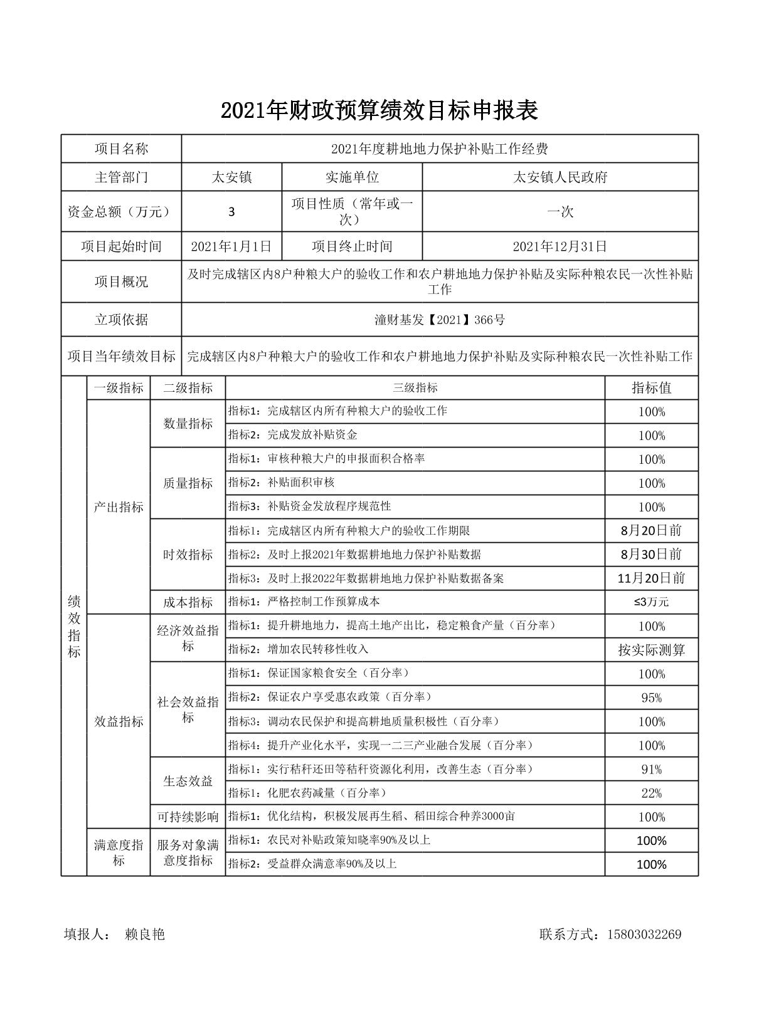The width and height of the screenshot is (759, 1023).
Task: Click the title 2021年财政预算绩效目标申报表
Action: pos(379,111)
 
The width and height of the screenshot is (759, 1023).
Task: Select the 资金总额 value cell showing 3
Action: pos(231,212)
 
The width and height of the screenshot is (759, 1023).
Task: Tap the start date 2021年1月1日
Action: pos(231,246)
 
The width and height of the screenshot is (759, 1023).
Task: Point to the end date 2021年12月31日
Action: pos(560,246)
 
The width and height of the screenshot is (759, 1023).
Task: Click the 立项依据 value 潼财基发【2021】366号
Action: pos(439,320)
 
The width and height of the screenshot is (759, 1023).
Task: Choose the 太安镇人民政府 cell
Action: pos(560,177)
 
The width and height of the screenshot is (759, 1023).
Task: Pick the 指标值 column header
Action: pos(651,388)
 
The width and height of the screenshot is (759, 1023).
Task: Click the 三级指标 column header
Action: pos(415,388)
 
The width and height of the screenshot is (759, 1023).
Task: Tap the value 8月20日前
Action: pos(651,530)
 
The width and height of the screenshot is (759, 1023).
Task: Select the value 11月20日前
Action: pos(651,578)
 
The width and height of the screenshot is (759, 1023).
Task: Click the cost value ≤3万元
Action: pos(651,602)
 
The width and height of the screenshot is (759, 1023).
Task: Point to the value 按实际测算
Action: pos(651,650)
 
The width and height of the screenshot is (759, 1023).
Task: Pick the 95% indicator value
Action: pos(651,698)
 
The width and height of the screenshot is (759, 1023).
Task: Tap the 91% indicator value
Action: pos(651,769)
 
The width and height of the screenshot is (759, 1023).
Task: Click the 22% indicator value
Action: pos(651,793)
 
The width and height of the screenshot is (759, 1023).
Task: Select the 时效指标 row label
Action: pos(188,555)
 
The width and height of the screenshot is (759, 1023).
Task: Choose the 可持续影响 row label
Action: pos(188,817)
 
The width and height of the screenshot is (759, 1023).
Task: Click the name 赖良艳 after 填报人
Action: pos(145,935)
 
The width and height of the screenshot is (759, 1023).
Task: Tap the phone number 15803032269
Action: pos(644,935)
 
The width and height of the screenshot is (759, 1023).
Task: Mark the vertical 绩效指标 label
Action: pos(74,626)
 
